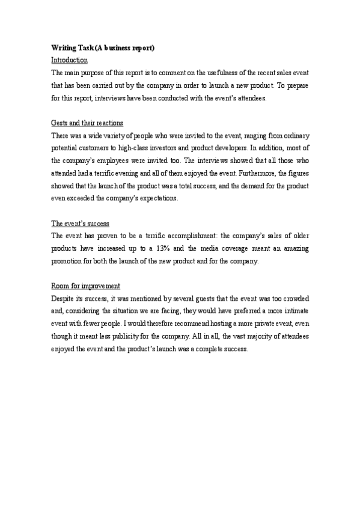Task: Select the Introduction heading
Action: click(70, 60)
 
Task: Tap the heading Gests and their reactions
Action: click(87, 123)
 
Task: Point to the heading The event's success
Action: click(81, 223)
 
